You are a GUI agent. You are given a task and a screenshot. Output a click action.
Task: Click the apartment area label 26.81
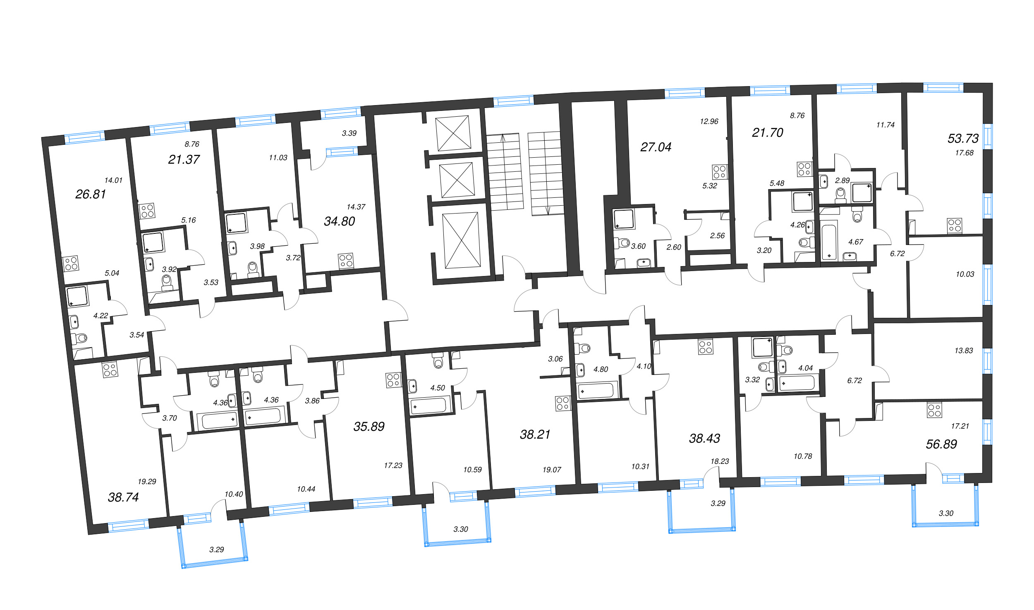click(91, 194)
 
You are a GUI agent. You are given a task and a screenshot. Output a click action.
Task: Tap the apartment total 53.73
click(963, 138)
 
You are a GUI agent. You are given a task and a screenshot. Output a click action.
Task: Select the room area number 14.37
click(356, 207)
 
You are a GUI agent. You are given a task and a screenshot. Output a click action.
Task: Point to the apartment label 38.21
click(535, 434)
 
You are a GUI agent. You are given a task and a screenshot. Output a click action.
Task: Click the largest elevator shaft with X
click(462, 240)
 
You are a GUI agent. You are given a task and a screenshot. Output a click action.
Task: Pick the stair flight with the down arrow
click(546, 173)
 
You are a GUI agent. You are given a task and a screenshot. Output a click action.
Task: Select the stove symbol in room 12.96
click(719, 172)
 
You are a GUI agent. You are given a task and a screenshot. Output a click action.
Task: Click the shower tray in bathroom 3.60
click(624, 219)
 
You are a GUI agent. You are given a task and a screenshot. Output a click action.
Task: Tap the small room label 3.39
click(349, 133)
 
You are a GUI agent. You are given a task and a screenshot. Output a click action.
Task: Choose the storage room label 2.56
click(717, 235)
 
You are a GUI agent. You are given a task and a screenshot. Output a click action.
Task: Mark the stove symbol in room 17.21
click(934, 410)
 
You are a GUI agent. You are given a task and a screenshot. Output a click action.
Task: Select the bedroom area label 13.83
click(963, 351)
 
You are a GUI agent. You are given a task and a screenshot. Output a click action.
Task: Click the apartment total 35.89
click(369, 426)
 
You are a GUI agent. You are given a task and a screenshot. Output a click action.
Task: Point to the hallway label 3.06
click(555, 359)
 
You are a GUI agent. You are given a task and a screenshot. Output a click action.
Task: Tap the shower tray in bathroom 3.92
click(153, 242)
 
